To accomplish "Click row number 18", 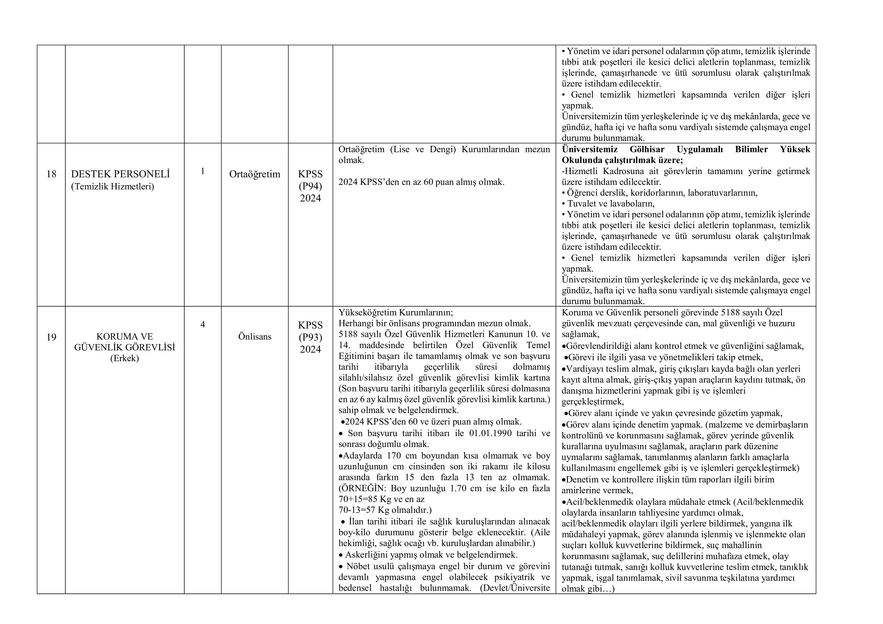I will [51, 174].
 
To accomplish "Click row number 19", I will [51, 337].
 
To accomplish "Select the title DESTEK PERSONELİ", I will [120, 174].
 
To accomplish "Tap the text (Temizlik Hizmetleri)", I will [112, 187].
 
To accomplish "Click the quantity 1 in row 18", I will [203, 171].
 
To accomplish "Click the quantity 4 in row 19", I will [203, 325].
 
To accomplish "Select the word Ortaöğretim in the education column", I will [254, 174].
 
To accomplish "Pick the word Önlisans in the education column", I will [254, 337].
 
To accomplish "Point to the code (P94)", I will [310, 186].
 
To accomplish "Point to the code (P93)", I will [310, 337].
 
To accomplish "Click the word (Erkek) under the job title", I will [125, 358].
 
